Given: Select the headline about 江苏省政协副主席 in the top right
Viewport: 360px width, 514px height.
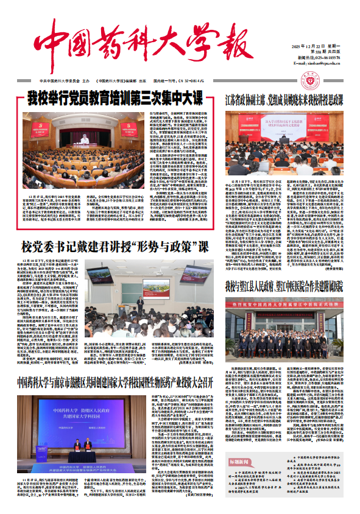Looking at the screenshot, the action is tap(286, 99).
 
